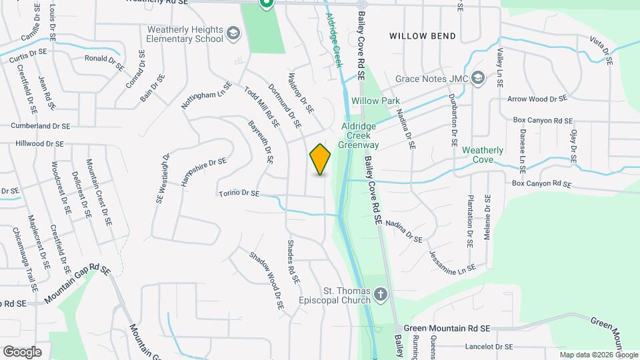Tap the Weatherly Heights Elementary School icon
(x=233, y=33)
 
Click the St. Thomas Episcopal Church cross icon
(x=381, y=294)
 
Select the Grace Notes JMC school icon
(x=477, y=79)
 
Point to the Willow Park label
(x=375, y=101)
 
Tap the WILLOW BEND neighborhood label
(x=423, y=36)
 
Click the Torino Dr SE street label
(x=239, y=193)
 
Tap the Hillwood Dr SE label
(x=39, y=143)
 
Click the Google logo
(x=23, y=351)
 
